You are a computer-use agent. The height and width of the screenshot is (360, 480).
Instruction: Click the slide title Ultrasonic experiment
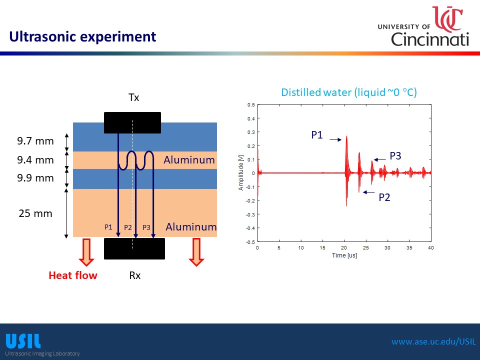pos(82,36)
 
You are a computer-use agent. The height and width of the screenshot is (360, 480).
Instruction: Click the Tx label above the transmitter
pos(133,97)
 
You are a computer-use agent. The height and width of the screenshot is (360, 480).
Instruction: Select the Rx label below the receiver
pos(134,275)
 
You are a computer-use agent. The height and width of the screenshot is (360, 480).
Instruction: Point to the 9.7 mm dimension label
pos(35,141)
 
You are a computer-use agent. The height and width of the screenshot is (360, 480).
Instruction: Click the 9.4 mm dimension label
pos(35,160)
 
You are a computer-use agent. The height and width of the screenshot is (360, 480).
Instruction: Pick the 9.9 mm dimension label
pos(35,177)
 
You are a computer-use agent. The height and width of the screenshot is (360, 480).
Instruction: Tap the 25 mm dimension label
pos(35,213)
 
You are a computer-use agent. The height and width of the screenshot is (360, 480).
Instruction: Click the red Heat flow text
pos(73,275)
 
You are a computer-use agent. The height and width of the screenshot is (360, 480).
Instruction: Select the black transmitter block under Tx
pos(132,122)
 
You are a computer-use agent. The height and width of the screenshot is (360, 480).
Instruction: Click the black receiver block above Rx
pos(134,248)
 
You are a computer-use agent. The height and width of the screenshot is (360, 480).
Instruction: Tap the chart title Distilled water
pos(349,92)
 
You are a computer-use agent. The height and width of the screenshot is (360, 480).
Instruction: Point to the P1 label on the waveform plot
pos(317,134)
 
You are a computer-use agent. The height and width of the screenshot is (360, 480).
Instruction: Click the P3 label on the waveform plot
pos(395,156)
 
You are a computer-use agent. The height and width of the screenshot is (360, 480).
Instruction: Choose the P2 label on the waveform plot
pos(384,197)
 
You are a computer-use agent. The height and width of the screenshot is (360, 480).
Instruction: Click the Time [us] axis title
pos(344,255)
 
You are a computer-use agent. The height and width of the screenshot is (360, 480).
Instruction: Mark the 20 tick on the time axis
pos(344,247)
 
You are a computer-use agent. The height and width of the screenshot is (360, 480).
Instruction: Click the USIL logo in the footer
pos(23,341)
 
